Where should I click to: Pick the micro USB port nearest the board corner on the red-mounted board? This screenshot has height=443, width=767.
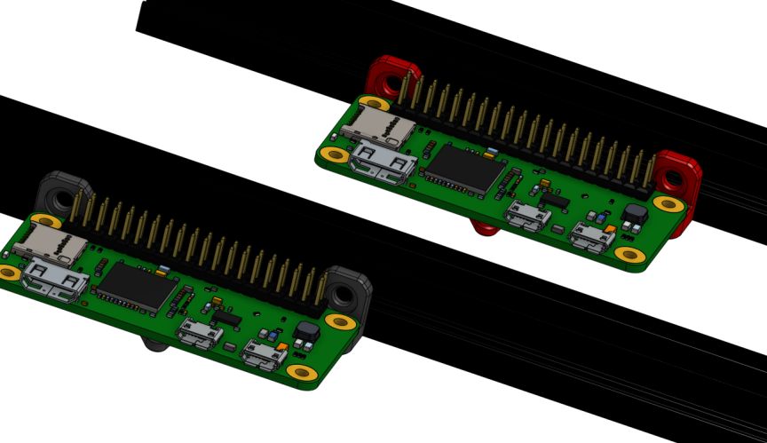click(590, 237)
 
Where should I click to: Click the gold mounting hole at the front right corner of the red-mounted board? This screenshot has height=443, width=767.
click(630, 256)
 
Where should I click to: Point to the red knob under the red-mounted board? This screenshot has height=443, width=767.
click(484, 228)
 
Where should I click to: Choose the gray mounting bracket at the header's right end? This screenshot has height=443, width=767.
click(348, 291)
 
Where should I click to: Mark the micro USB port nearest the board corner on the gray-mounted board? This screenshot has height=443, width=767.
click(263, 356)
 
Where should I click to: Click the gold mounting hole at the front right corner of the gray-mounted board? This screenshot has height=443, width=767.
click(302, 373)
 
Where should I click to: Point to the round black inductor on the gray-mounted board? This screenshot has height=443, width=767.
click(306, 332)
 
